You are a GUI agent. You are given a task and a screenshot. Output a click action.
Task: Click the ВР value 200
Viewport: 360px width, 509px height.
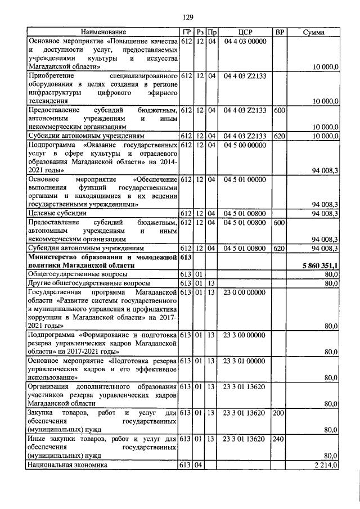pos(278,413)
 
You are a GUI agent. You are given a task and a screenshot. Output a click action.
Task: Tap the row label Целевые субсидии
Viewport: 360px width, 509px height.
pos(57,214)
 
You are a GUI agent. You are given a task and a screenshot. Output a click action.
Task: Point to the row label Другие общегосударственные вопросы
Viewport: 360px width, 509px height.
pos(89,283)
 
